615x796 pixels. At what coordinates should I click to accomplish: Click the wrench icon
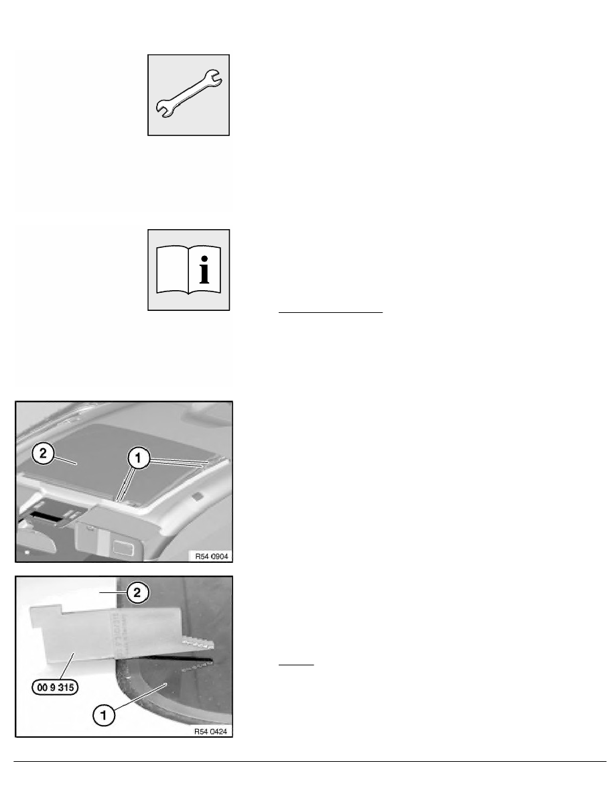point(190,96)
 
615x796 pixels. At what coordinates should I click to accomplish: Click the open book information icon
point(189,269)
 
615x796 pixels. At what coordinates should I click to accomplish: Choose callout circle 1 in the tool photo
point(104,715)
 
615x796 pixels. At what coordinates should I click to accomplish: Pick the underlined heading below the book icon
point(330,312)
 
